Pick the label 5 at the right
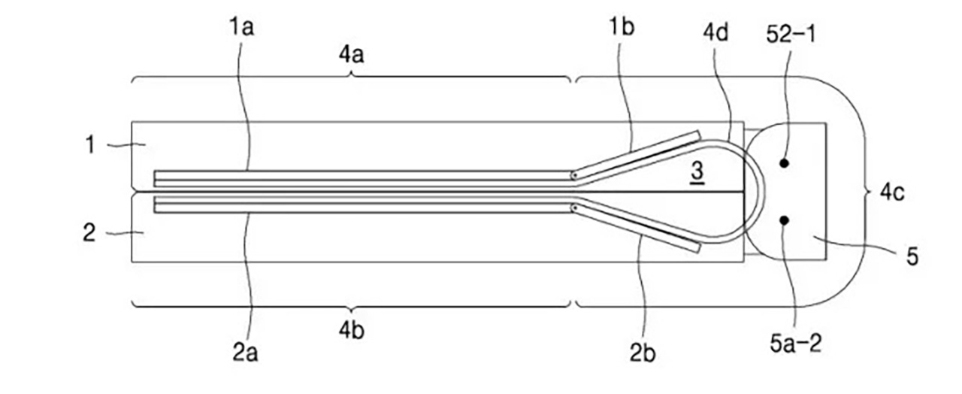point(912,258)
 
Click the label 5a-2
point(795,344)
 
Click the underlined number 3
point(697,171)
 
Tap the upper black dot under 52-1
point(784,162)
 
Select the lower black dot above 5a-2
point(784,220)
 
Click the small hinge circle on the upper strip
point(574,177)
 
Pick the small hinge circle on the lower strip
point(574,206)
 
